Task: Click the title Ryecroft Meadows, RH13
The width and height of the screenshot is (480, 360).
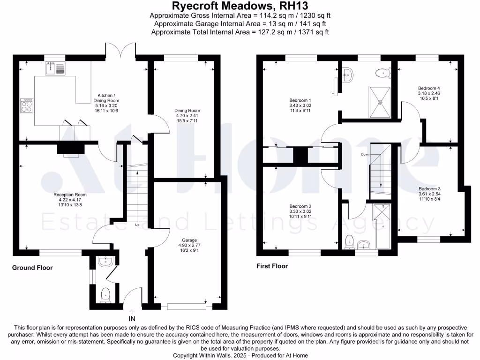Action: click(240, 6)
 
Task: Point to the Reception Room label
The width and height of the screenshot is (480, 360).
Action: click(70, 194)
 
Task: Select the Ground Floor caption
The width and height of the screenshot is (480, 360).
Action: click(32, 268)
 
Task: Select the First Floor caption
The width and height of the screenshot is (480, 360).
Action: click(272, 266)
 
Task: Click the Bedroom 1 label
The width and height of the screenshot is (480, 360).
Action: click(300, 100)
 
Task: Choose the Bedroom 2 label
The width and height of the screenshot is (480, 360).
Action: click(300, 206)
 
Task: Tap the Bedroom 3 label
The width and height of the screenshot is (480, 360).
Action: click(429, 188)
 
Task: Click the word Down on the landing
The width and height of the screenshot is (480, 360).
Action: click(366, 154)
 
